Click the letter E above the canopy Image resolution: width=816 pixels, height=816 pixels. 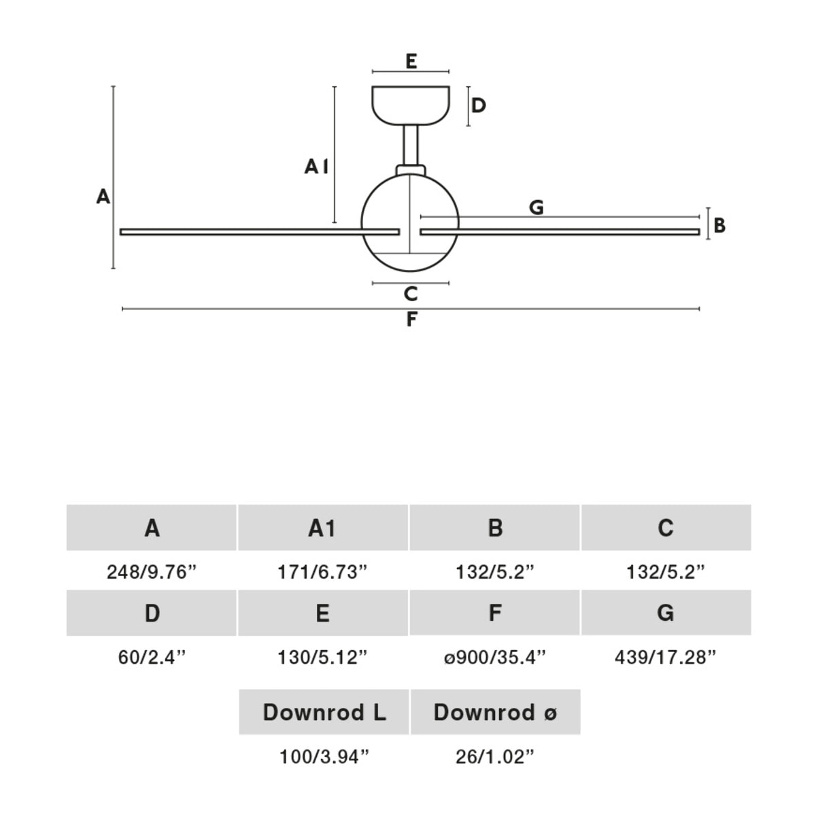411,61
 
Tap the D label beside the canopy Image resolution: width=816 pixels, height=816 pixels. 479,105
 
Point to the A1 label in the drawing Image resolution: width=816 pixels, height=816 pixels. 316,166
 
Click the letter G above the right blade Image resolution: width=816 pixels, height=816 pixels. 537,207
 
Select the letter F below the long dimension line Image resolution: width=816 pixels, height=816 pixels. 411,320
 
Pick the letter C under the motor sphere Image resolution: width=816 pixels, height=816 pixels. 410,294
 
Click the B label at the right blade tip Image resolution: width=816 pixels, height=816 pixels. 719,225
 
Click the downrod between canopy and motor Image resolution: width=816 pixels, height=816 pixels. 411,145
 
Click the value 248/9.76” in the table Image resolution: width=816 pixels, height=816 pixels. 152,572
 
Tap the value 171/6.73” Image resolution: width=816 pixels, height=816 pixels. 322,572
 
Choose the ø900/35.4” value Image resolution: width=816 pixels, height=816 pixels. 495,658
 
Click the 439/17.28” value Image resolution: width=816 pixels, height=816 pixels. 666,658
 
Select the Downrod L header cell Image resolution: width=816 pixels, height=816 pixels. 324,712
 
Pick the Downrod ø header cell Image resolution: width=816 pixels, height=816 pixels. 495,712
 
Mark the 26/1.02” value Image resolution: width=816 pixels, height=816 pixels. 495,756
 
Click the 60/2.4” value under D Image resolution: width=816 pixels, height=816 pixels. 152,658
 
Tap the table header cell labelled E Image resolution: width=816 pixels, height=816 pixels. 322,613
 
